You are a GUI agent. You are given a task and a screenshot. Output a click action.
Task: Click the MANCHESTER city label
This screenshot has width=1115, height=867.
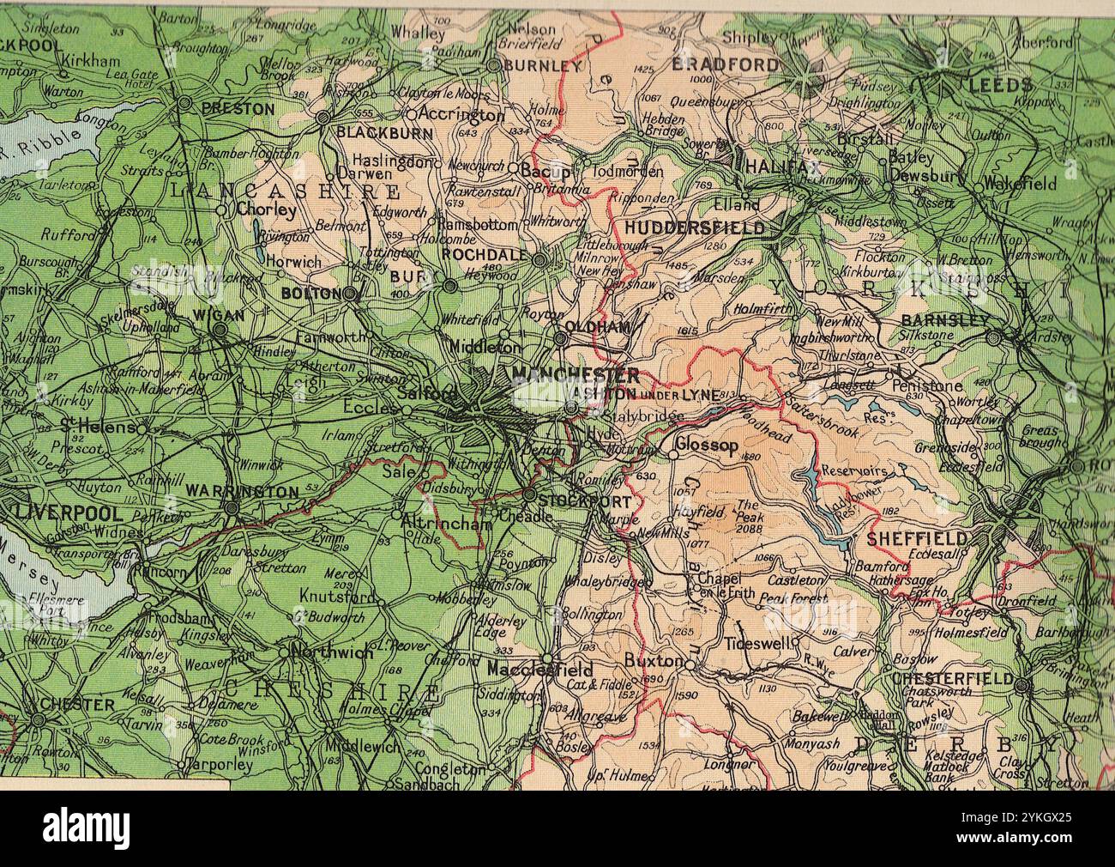[x=575, y=375]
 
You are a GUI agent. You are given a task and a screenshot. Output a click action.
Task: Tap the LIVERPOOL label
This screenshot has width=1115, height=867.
[x=69, y=513]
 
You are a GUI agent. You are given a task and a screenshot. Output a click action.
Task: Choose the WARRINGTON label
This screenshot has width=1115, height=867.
[x=242, y=493]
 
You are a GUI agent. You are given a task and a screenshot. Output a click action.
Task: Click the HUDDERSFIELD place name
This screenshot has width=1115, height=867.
[x=694, y=228]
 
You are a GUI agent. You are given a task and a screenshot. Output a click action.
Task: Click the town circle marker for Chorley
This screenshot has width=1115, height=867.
[x=221, y=209]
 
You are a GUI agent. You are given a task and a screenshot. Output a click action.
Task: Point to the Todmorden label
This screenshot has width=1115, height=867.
[x=627, y=172]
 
